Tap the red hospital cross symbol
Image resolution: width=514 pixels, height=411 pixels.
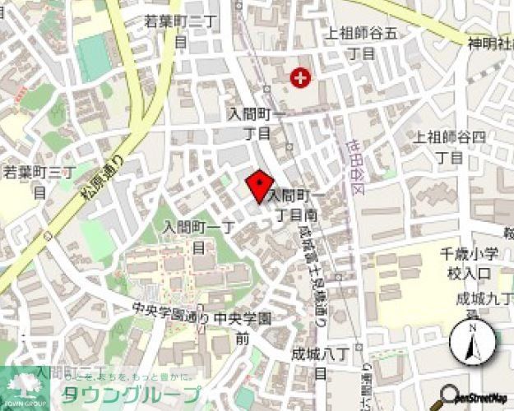click(301, 79)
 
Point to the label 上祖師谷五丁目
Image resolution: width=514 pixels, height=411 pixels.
click(361, 43)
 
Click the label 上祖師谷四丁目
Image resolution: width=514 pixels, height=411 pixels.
click(450, 145)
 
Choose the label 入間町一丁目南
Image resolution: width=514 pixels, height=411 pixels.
click(292, 205)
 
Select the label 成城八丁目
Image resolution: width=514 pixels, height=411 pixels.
click(320, 363)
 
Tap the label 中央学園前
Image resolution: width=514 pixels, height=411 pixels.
click(242, 326)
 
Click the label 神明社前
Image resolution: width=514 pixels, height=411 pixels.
click(490, 42)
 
